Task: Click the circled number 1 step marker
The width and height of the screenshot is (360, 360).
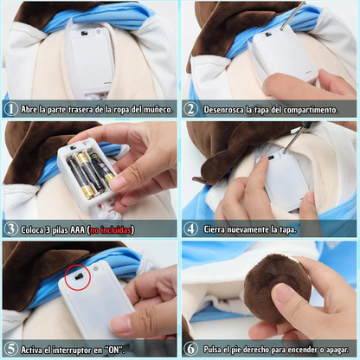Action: [x=10, y=110]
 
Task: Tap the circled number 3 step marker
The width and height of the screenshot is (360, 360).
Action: [x=10, y=229]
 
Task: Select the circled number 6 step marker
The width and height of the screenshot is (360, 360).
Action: [x=190, y=350]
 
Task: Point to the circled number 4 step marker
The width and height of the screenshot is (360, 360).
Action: [x=190, y=229]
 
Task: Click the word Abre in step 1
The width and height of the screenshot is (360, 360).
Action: [x=30, y=110]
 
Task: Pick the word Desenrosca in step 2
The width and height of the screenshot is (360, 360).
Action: [x=227, y=110]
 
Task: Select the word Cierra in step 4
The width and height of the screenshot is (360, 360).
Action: [x=218, y=229]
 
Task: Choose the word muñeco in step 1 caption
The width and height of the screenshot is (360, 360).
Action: [x=157, y=110]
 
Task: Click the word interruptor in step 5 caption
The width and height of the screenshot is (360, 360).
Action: [x=76, y=350]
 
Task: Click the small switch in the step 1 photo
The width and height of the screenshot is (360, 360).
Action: [x=83, y=35]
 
